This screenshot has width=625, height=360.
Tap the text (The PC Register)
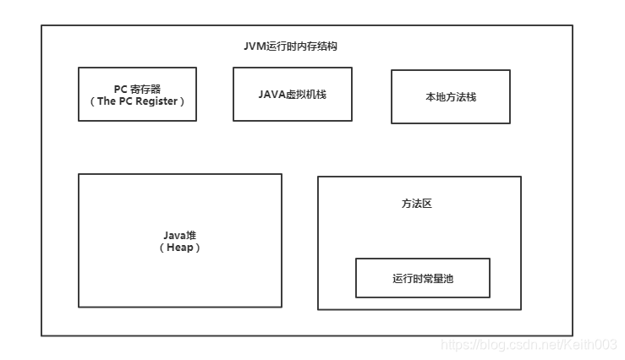pos(137,101)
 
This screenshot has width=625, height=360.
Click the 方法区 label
pos(417,204)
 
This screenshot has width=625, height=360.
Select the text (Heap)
pos(180,248)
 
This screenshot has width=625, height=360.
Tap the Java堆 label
pos(179,235)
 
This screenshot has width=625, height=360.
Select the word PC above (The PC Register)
pos(121,89)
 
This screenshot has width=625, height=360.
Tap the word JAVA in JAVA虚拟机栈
pos(271,94)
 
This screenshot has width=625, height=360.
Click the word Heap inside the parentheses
pos(180,248)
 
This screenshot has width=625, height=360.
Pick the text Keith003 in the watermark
pos(592,345)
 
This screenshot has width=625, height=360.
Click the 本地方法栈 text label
pos(450,97)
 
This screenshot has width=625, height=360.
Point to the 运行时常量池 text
pos(422,278)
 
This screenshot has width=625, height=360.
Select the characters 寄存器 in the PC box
pos(145,89)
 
